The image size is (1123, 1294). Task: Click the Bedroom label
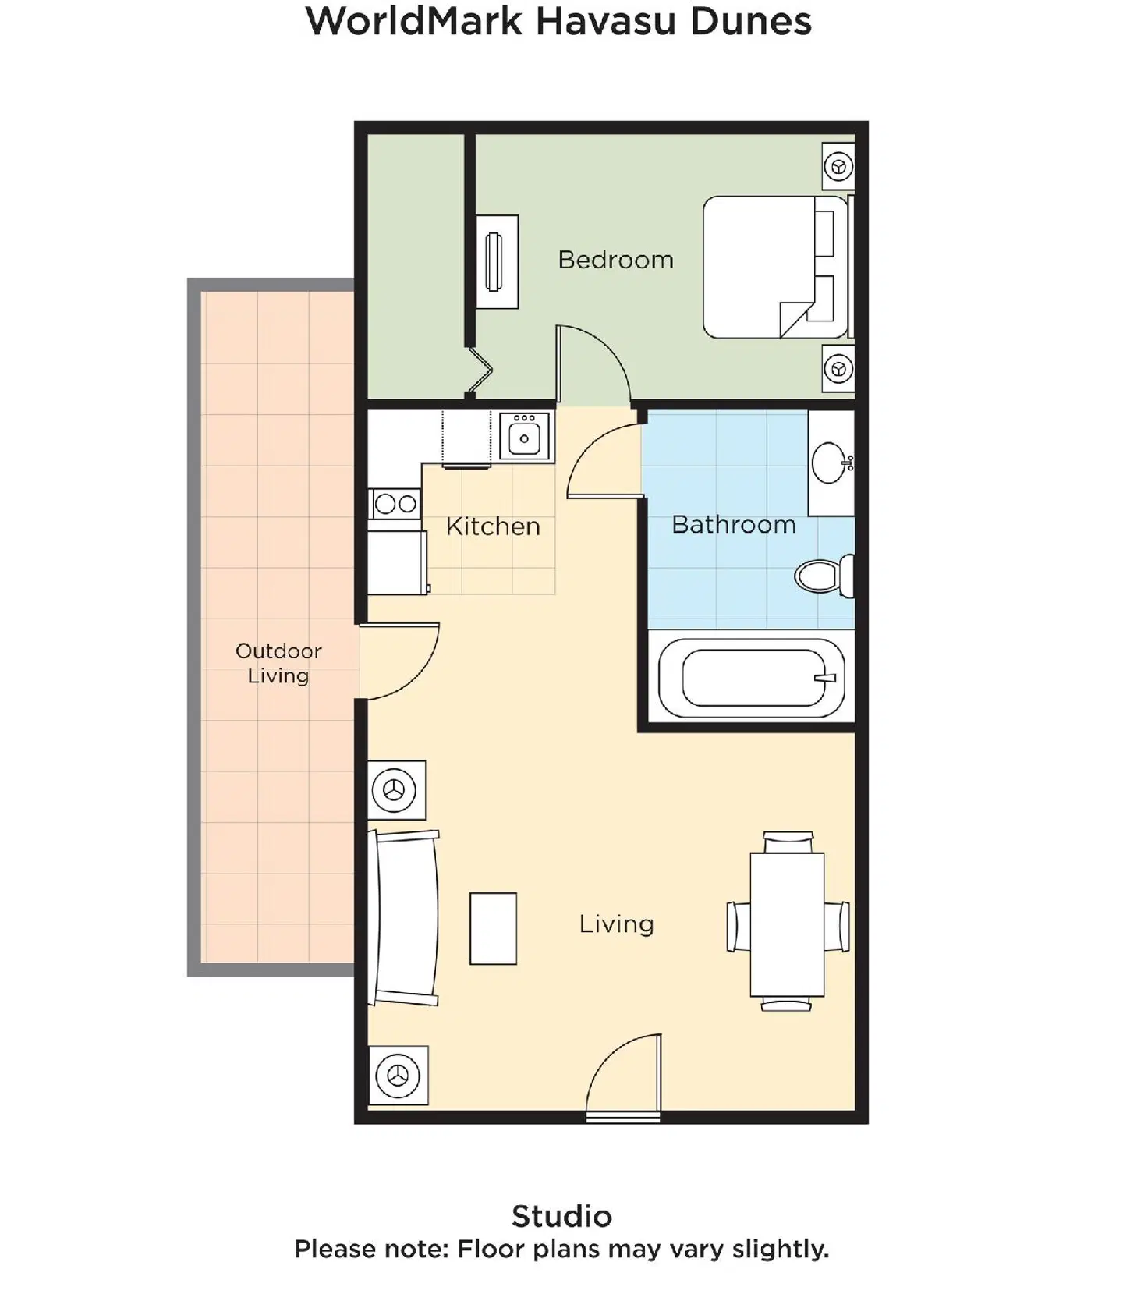615,260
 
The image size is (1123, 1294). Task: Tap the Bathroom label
733,525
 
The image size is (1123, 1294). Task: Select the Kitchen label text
493,526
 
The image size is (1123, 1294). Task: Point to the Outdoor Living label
278,663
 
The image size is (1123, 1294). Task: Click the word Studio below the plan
561,1216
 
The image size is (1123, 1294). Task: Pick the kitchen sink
524,438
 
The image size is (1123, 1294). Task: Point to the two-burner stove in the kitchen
395,505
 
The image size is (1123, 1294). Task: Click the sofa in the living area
406,918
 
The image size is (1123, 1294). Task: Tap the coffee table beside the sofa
493,928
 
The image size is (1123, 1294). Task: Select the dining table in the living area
787,924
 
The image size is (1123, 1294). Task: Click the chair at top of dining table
788,842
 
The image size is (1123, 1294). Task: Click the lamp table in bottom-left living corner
398,1076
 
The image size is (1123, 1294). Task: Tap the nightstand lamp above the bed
838,166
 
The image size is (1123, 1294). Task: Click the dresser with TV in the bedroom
497,262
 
